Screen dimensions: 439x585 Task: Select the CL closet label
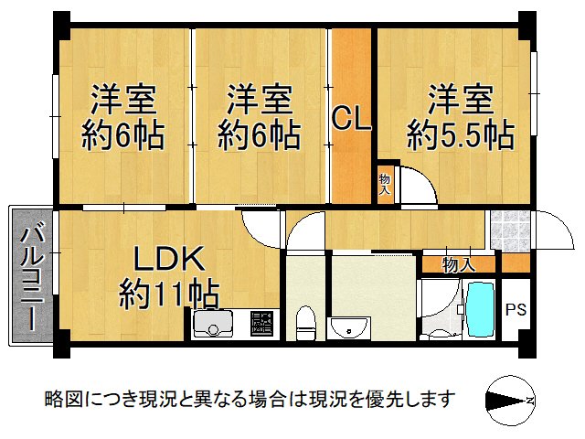351,119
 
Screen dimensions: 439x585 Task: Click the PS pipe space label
516,308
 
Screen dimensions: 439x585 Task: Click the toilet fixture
306,323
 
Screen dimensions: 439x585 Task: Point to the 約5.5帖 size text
460,136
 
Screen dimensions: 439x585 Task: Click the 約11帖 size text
168,294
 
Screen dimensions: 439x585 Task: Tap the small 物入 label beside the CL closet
385,184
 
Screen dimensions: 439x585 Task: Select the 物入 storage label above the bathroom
458,265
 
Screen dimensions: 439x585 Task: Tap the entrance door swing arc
549,227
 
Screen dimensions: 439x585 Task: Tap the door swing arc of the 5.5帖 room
417,187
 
